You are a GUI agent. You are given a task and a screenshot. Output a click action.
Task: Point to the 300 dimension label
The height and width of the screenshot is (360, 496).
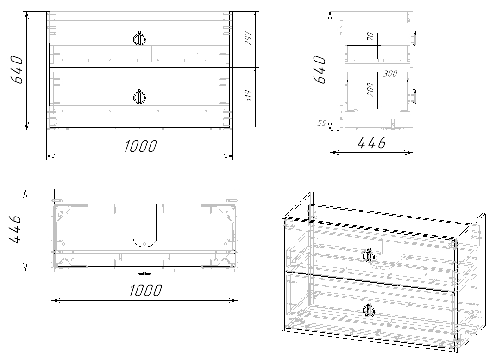coord(391,74)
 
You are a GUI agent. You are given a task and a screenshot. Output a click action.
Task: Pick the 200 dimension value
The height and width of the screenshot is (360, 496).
coord(370,89)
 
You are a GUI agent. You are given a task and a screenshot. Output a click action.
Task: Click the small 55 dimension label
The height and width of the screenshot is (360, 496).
coord(322,123)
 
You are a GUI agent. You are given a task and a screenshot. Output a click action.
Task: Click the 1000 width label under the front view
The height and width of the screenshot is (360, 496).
coord(140,146)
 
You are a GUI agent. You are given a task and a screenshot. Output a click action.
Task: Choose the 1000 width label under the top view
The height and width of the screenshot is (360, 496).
coord(145,290)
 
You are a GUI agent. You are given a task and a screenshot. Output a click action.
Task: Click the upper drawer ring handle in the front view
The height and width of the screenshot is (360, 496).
coord(139,39)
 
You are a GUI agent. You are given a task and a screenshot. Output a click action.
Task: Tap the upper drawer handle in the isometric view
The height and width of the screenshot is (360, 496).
coord(369,256)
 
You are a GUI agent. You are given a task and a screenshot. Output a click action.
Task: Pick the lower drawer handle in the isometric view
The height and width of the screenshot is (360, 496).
coord(369,310)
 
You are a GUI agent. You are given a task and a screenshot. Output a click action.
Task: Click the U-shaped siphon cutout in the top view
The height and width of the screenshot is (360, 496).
coord(144,226)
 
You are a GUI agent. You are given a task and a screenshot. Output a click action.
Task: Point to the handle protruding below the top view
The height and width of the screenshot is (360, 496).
coord(144,273)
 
